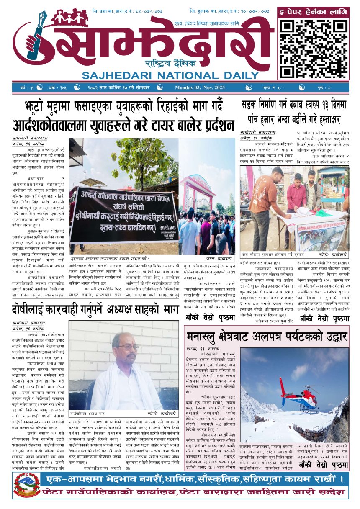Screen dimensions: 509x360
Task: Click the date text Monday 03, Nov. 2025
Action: pos(200,87)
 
